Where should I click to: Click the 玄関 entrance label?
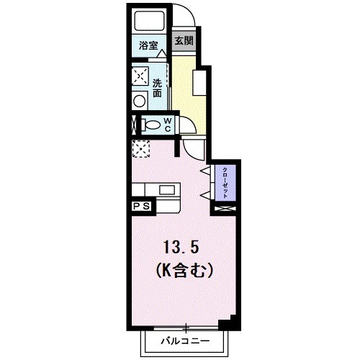[x=184, y=41]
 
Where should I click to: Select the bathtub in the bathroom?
[x=148, y=22]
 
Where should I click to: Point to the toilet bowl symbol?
[x=153, y=125]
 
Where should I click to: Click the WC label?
[x=166, y=125]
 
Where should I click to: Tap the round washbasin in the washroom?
[x=140, y=101]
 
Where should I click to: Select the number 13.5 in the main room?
[x=179, y=248]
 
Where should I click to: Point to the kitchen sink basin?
[x=167, y=189]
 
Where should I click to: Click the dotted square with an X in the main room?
[x=140, y=149]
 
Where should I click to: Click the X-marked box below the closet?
[x=225, y=208]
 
